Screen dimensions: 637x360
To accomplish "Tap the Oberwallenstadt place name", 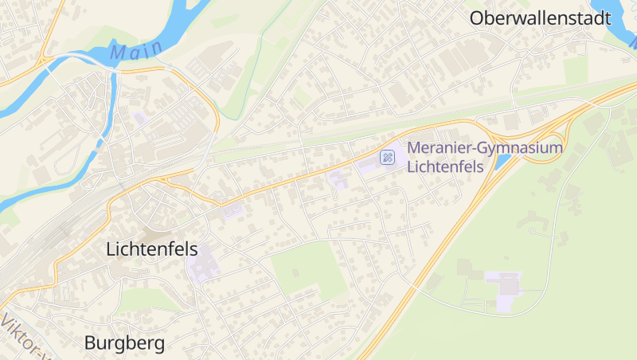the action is tap(540, 18).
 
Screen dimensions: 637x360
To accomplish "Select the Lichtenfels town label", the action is tap(151, 249).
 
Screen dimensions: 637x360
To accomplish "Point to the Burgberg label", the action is tap(124, 343).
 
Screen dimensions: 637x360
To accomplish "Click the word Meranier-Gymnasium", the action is tap(485, 147).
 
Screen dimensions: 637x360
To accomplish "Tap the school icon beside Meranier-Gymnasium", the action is tap(388, 157).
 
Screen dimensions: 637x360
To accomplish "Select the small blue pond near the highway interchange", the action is tap(502, 162).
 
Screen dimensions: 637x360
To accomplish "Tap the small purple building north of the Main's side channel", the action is tap(141, 118).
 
